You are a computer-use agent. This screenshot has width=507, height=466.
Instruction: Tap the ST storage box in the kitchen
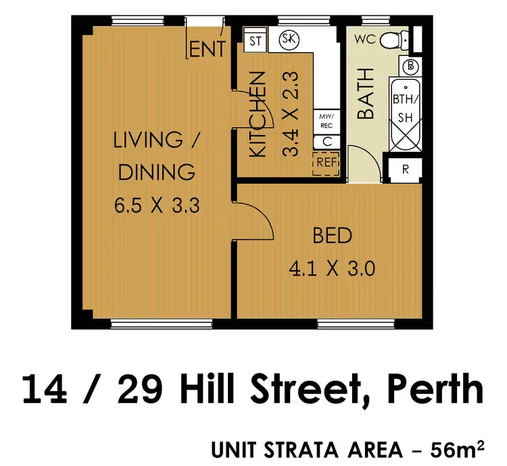coord(256,41)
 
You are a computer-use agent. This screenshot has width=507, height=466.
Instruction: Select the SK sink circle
coord(289,38)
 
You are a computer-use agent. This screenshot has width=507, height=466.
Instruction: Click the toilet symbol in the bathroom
coord(391,42)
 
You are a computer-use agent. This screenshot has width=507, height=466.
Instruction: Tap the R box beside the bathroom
coord(406,169)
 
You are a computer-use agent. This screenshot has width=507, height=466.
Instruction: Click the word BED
coord(332,236)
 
